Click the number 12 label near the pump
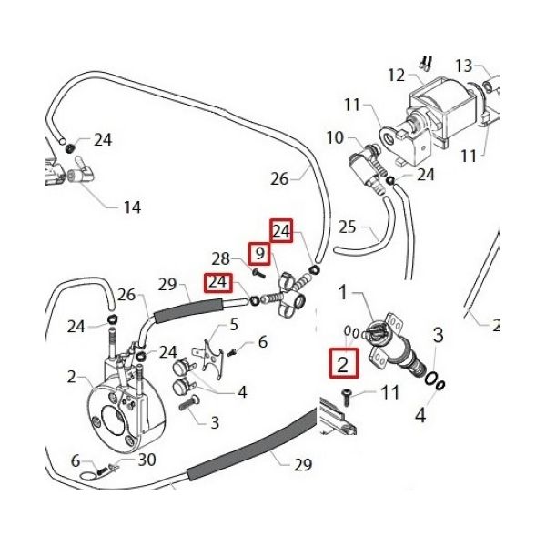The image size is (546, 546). (395, 74)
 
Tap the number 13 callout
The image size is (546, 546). (464, 66)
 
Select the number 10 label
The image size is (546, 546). (335, 138)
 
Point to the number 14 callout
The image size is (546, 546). (132, 207)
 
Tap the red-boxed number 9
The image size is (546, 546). (259, 253)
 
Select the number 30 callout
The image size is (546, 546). (147, 460)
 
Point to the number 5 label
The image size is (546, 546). (234, 325)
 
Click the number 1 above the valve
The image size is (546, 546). (344, 293)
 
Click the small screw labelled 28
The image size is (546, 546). (258, 271)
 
